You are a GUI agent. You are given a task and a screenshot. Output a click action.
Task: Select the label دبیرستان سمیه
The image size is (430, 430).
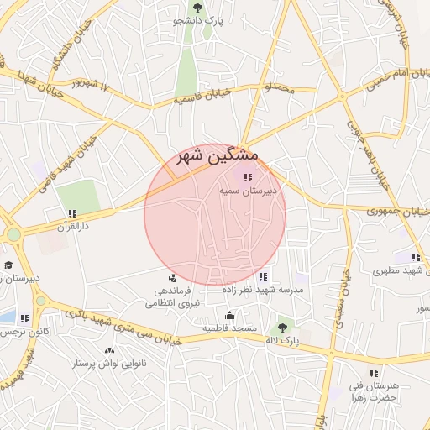click(248, 191)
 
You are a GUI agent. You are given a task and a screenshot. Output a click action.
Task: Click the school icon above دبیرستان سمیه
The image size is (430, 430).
click(247, 177)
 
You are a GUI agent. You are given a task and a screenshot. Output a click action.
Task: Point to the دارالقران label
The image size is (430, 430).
click(73, 226)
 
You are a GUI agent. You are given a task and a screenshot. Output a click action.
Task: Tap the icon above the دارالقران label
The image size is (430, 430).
click(73, 213)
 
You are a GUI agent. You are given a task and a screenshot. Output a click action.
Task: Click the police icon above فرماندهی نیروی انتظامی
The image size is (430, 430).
click(172, 278)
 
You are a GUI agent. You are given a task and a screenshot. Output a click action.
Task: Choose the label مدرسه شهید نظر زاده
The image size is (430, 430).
click(263, 289)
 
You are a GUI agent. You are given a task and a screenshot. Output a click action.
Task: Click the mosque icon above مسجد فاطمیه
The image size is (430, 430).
click(229, 315)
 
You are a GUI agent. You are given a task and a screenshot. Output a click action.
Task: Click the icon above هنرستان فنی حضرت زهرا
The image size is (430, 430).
click(374, 373)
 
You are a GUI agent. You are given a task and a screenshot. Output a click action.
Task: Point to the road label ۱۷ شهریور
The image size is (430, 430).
click(92, 83)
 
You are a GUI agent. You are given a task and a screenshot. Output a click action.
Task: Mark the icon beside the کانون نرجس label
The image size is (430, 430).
click(24, 318)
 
